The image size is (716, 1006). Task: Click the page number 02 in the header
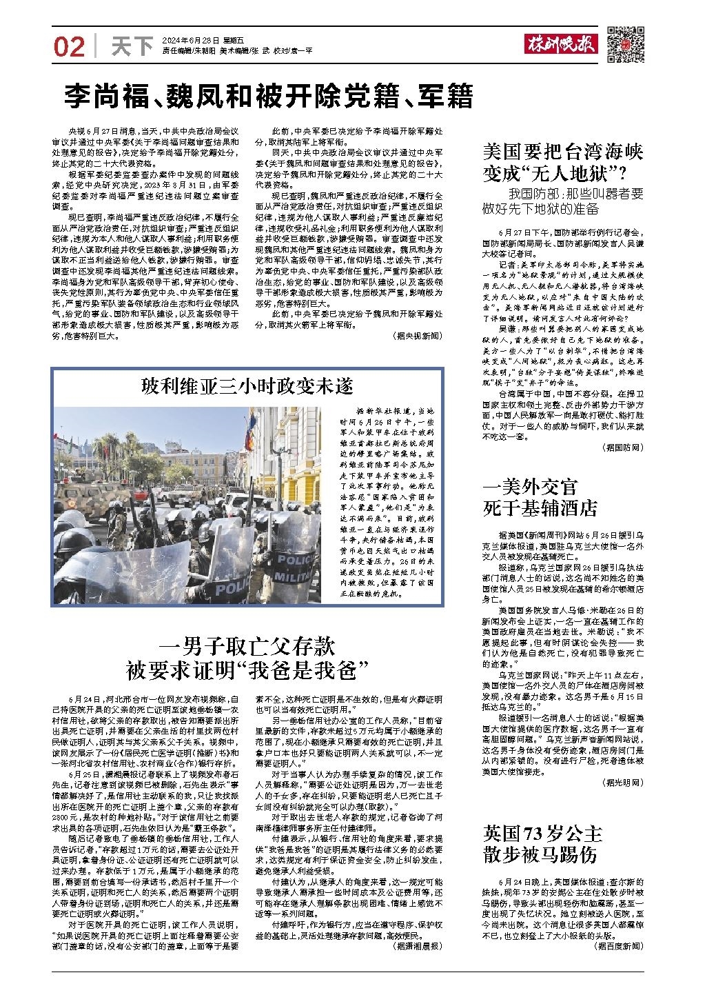(68, 46)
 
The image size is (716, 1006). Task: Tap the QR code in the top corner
(625, 45)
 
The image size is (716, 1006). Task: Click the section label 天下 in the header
(132, 46)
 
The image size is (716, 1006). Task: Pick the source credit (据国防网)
(623, 447)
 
